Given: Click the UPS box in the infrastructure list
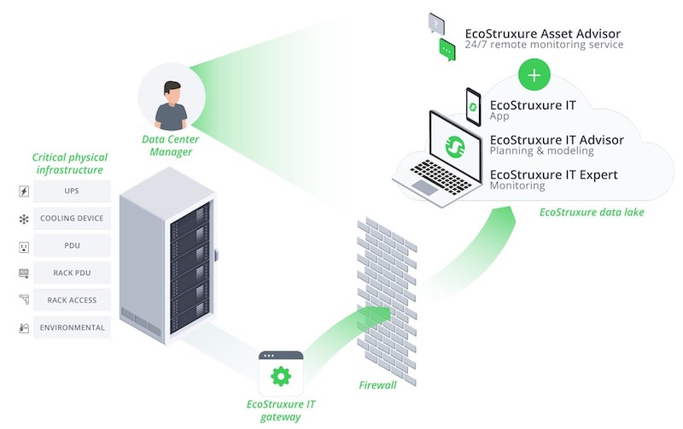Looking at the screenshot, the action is [x=72, y=191].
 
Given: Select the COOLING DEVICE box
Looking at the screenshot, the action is [x=72, y=218].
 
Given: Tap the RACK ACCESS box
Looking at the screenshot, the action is [x=72, y=300].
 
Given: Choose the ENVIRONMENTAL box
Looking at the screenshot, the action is [x=72, y=327].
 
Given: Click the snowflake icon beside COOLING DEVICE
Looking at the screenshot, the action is [x=24, y=219].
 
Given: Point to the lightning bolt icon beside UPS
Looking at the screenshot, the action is [x=24, y=191].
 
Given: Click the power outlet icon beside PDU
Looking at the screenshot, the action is [x=24, y=247].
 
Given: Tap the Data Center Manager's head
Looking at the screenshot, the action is [x=172, y=91].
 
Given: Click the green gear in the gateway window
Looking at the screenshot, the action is [x=281, y=376].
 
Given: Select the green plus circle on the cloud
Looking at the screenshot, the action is [x=534, y=75].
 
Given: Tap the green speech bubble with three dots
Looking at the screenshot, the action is [x=447, y=50].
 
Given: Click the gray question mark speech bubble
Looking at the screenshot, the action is [x=436, y=24].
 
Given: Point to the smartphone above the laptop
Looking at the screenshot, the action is [x=474, y=107].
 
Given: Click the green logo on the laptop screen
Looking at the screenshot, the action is [x=455, y=146].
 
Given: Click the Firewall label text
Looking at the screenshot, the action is [x=377, y=385].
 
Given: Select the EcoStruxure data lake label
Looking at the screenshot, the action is [x=592, y=212].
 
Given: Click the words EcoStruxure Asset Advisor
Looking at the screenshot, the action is [x=543, y=33].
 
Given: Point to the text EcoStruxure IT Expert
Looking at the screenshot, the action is [x=553, y=175].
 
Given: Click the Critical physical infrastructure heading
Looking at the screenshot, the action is [x=70, y=163].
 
